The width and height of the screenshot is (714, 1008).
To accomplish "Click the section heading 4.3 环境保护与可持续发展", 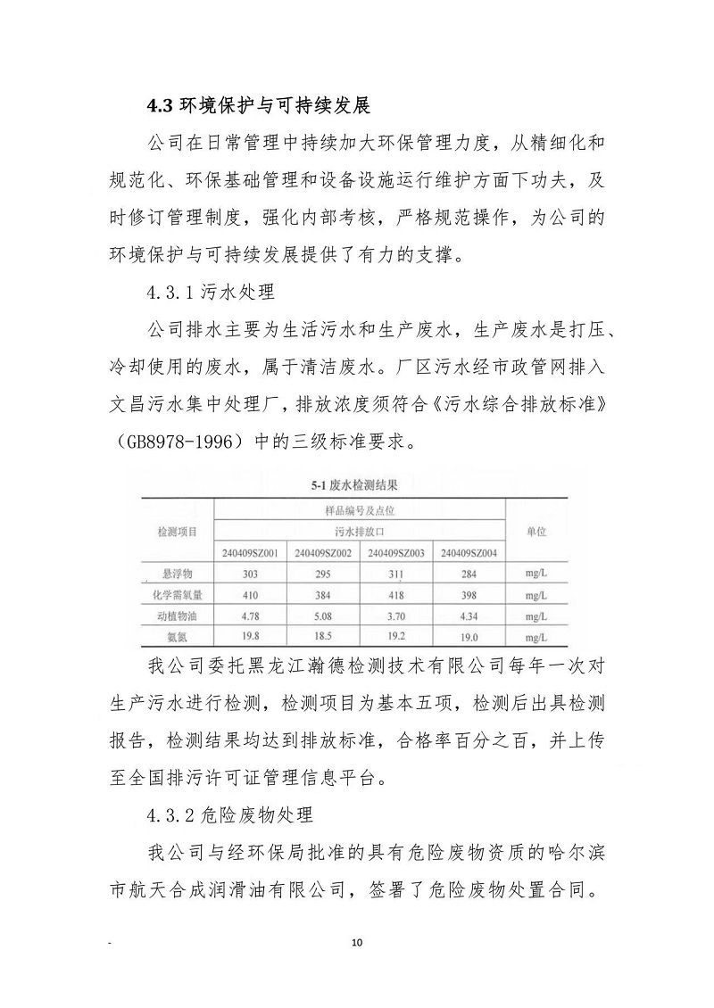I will tap(259, 106).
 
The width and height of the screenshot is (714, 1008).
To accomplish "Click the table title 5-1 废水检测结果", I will tap(353, 486).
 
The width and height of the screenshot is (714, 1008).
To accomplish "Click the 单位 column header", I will tap(535, 531).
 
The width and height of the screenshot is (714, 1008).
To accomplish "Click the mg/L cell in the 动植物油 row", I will tap(535, 616).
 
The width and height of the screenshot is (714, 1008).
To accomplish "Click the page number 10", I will tap(358, 942).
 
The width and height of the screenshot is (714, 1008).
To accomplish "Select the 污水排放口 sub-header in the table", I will tap(359, 531).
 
